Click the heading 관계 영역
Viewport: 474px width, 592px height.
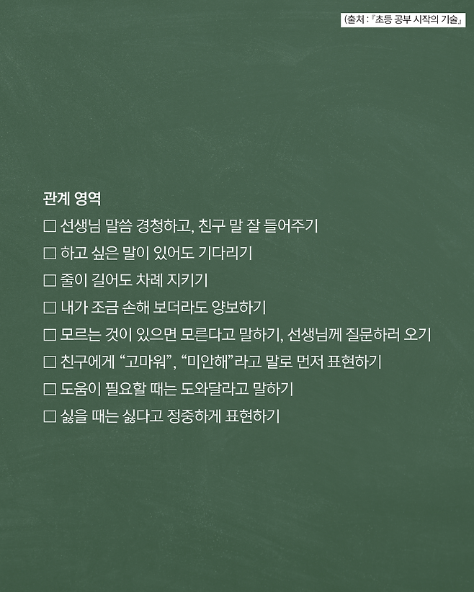[72, 199]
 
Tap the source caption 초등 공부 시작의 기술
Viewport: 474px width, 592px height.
[415, 20]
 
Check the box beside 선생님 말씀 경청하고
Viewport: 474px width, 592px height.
[50, 226]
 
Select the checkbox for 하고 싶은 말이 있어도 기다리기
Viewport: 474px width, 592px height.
[50, 254]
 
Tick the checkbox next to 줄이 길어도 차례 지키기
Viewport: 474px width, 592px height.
[50, 281]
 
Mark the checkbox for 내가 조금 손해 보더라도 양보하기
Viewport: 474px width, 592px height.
[50, 308]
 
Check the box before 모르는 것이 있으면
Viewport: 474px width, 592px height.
[50, 335]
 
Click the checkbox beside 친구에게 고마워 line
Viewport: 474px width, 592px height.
[50, 362]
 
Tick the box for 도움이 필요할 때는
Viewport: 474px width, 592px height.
[50, 389]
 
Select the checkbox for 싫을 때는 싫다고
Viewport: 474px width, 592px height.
[50, 416]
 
